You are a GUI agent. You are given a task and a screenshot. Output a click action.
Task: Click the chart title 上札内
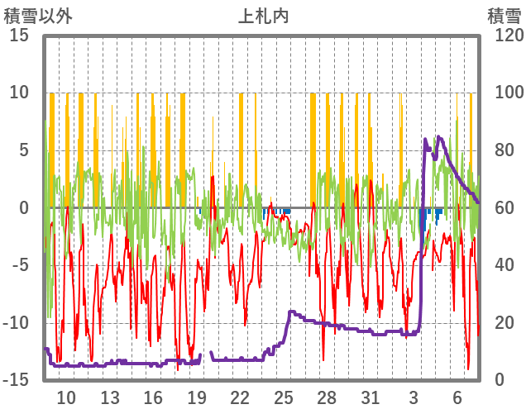[263, 16]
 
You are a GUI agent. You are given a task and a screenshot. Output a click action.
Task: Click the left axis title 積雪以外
[38, 16]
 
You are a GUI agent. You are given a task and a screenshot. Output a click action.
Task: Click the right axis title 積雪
[503, 16]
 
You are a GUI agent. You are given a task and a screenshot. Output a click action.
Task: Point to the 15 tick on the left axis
[19, 36]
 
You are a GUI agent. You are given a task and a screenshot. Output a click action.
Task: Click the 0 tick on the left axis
[25, 207]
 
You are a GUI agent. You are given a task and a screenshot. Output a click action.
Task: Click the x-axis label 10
[66, 397]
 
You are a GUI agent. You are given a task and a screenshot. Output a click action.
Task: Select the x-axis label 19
[197, 397]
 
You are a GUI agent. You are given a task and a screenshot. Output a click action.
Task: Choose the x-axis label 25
[284, 397]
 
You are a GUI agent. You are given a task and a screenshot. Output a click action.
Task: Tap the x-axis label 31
[371, 397]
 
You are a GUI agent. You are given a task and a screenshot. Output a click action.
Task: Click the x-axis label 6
[457, 397]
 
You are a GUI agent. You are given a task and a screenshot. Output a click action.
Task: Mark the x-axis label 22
[240, 397]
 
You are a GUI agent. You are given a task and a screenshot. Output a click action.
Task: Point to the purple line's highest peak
[438, 137]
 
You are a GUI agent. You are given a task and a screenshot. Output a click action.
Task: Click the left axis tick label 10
[21, 93]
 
